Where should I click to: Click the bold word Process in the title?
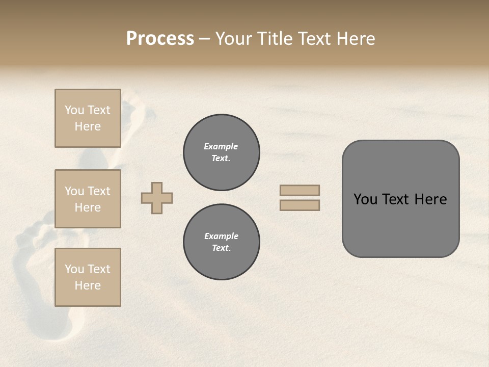(160, 39)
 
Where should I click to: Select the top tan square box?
(88, 118)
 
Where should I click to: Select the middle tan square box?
(88, 199)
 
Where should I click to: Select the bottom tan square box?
(88, 277)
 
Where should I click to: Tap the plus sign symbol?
(157, 198)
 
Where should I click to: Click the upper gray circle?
(221, 152)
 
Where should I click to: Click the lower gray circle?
(221, 242)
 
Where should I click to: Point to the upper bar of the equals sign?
(300, 191)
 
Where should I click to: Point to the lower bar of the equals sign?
(300, 205)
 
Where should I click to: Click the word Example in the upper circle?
(221, 147)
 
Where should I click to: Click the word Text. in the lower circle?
(221, 248)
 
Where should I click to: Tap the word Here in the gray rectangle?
(430, 199)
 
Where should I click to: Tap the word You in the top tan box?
(74, 110)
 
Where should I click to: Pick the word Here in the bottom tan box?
(88, 285)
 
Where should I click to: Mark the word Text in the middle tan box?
(99, 191)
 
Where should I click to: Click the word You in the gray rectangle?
(365, 199)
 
